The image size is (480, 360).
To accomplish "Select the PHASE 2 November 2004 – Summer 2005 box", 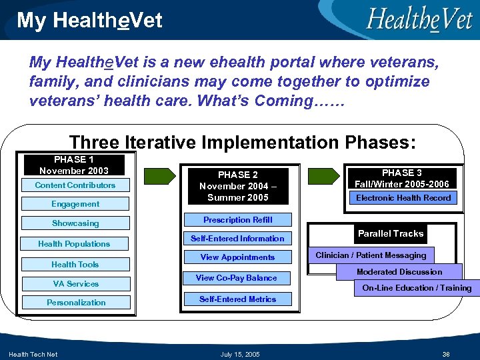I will point(238,186).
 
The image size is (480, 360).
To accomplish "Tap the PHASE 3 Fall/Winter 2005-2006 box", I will point(402,178).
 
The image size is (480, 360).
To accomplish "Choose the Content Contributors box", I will point(75,185).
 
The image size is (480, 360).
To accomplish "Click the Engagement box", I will point(75,204).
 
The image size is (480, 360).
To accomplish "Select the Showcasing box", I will point(75,223).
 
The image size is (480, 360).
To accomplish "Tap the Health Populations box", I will point(74,244).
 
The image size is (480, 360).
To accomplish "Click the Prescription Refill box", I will point(238,220).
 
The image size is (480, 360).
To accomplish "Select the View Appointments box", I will point(238,257).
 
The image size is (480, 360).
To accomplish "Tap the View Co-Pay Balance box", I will point(236,278).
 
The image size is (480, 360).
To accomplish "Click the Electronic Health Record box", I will point(403,198).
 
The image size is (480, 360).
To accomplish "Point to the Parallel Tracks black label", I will point(391,234).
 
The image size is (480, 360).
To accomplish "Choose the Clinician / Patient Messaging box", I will point(371,255).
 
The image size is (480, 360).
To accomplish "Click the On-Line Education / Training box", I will point(416,288).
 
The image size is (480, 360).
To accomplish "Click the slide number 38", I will point(445,353).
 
